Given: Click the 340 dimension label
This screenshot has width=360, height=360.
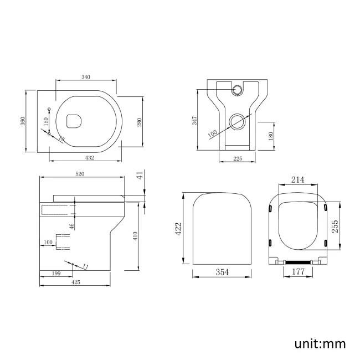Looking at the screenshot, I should tap(86, 77).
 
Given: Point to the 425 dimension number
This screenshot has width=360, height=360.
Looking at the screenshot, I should tap(76, 282).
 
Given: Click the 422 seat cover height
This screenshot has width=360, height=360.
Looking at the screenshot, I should tap(179, 229).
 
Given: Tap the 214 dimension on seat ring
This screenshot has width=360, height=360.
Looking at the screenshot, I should tap(298, 180).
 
